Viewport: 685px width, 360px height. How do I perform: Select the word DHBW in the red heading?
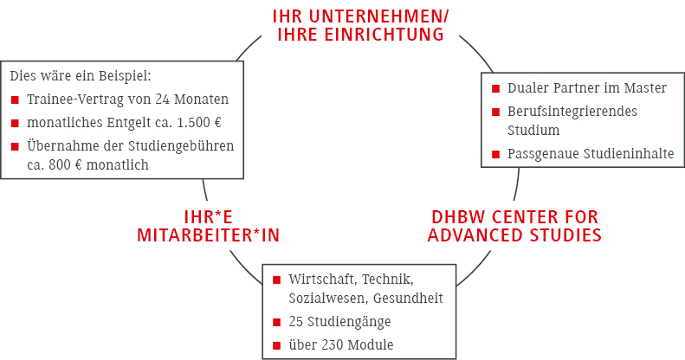pyautogui.click(x=459, y=217)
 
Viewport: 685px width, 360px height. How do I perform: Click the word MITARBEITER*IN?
pyautogui.click(x=208, y=235)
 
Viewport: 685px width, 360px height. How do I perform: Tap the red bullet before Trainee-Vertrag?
pyautogui.click(x=15, y=100)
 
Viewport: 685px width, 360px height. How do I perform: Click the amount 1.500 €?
pyautogui.click(x=199, y=123)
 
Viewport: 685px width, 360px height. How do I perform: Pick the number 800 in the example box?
pyautogui.click(x=59, y=165)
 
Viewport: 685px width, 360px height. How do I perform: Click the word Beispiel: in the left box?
pyautogui.click(x=125, y=76)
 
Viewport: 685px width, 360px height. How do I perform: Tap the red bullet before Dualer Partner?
pyautogui.click(x=495, y=89)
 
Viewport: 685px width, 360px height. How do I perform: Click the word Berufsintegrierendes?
pyautogui.click(x=572, y=112)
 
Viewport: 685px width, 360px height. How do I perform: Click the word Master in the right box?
pyautogui.click(x=645, y=88)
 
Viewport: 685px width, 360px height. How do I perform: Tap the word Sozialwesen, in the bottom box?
pyautogui.click(x=328, y=299)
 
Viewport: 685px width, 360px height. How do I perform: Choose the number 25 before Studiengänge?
pyautogui.click(x=296, y=322)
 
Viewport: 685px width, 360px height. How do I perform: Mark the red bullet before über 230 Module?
pyautogui.click(x=276, y=346)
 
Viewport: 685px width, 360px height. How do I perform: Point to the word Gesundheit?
pyautogui.click(x=408, y=299)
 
